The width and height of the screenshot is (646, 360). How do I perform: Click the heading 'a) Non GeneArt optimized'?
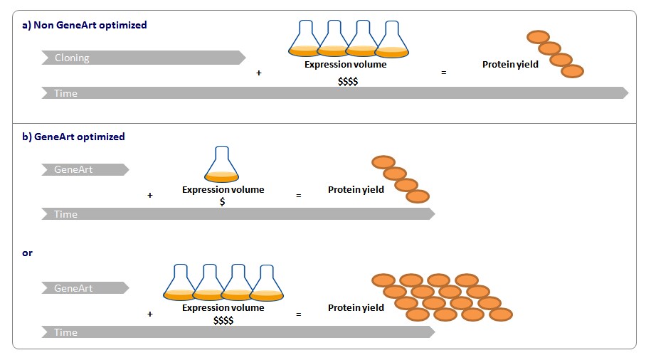[84, 25]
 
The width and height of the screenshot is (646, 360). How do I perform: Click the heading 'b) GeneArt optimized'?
[73, 137]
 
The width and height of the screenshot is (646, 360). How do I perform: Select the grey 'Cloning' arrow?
[142, 58]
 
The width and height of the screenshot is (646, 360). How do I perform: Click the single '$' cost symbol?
[223, 202]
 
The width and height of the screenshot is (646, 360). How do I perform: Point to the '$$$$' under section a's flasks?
[347, 81]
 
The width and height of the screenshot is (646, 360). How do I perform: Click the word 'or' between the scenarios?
[27, 253]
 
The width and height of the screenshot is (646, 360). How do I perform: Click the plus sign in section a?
[258, 73]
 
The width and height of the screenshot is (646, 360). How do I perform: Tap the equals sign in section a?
[444, 73]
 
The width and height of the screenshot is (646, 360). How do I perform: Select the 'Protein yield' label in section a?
[510, 65]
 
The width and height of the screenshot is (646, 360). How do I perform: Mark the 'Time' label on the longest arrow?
[66, 93]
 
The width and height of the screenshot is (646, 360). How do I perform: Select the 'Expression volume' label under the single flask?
[223, 189]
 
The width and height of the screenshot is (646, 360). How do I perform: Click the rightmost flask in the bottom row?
[267, 282]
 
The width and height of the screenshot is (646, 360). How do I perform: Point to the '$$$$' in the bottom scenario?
[223, 320]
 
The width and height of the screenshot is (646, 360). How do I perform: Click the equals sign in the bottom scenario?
[298, 314]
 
